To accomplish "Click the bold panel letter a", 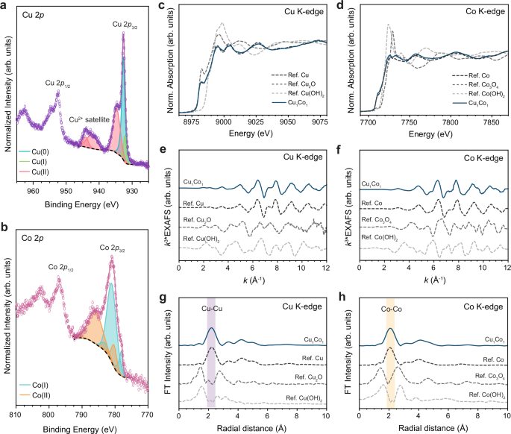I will click(6, 7).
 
